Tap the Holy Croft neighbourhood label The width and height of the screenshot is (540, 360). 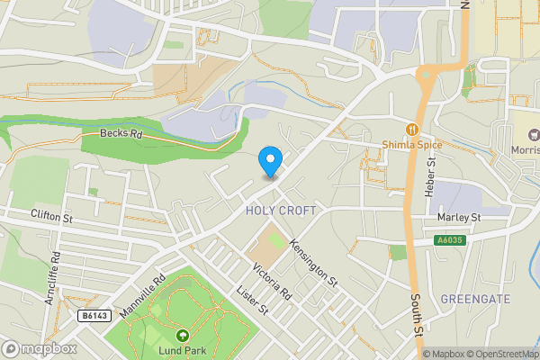coord(281,211)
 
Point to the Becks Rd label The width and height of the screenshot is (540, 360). coord(121,134)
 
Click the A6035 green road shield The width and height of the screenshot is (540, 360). coord(451,240)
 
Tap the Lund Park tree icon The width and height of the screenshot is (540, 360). coord(184,335)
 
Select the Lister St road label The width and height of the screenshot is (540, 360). coord(252,300)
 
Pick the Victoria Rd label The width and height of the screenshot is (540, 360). coord(272,282)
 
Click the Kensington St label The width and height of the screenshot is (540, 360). coord(314,263)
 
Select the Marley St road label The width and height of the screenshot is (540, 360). coord(459,218)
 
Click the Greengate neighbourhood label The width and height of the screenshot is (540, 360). coord(476,298)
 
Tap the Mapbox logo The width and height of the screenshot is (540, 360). coord(39,348)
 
